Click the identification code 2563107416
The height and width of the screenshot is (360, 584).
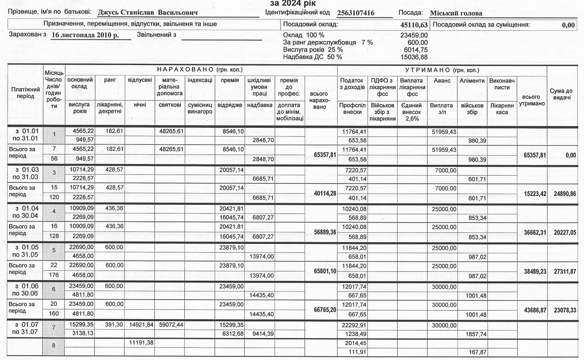point(356,13)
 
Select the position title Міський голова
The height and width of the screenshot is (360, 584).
point(456,13)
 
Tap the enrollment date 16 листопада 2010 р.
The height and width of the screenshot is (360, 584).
point(85,35)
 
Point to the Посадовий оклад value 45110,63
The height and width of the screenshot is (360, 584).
point(414,25)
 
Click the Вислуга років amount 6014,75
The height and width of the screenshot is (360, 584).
point(414,50)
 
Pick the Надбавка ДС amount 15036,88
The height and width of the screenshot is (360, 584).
point(414,57)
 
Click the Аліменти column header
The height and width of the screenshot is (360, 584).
point(472,81)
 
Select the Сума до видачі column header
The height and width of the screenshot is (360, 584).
point(562,94)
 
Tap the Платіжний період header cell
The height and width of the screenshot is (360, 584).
point(25,93)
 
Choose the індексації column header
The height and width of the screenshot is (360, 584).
point(200,80)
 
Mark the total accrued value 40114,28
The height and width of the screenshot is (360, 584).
point(325,193)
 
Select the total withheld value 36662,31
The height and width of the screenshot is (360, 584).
point(535,232)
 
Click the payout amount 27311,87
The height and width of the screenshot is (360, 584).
point(565,271)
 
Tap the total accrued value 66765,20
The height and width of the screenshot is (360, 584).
point(325,310)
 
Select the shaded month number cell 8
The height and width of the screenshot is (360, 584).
point(54,346)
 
